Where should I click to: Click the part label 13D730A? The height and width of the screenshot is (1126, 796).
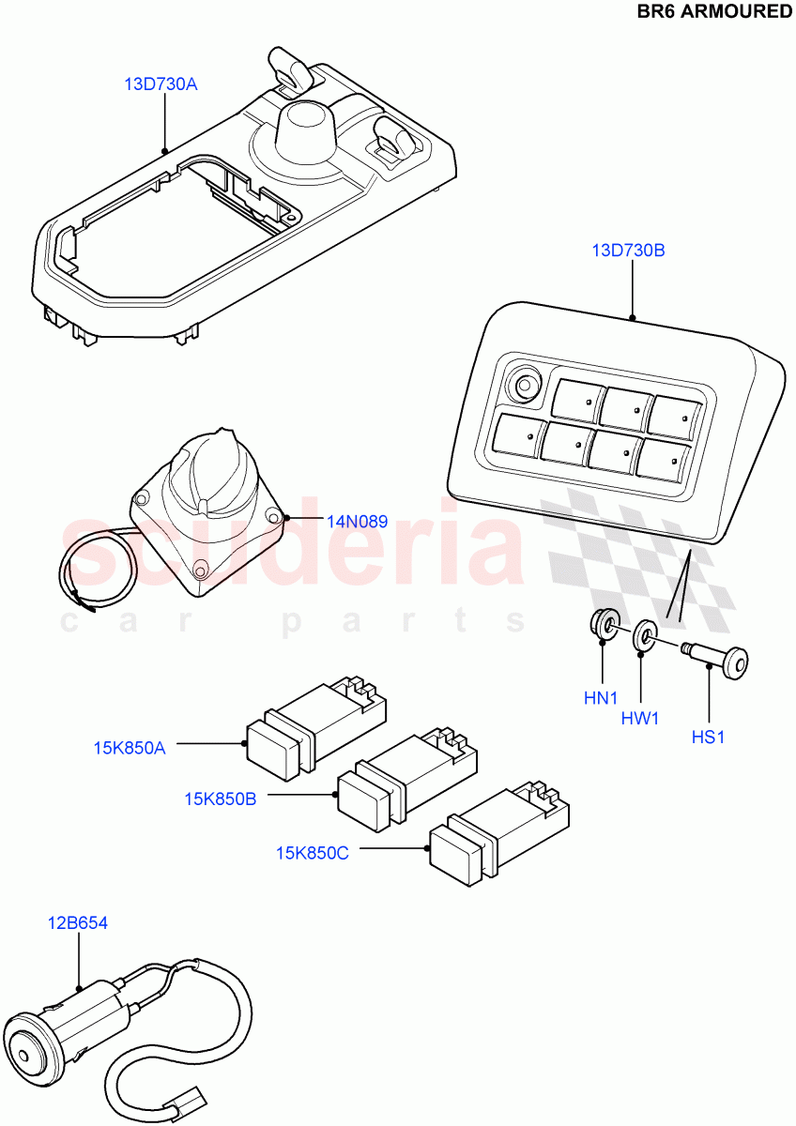[x=161, y=84]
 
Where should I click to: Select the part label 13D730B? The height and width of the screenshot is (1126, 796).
[x=630, y=251]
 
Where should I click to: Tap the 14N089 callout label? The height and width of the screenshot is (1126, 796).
[x=357, y=522]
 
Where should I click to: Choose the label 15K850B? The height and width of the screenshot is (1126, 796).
[x=220, y=799]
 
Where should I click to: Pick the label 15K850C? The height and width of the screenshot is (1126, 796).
[x=312, y=853]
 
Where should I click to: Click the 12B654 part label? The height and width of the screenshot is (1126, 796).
[x=78, y=923]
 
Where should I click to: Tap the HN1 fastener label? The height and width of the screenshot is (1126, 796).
[x=602, y=697]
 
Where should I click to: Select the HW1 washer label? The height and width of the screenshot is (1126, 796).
[x=639, y=718]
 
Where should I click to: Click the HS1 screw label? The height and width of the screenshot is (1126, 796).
[x=709, y=738]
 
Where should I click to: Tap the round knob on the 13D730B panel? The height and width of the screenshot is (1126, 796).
[x=523, y=386]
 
